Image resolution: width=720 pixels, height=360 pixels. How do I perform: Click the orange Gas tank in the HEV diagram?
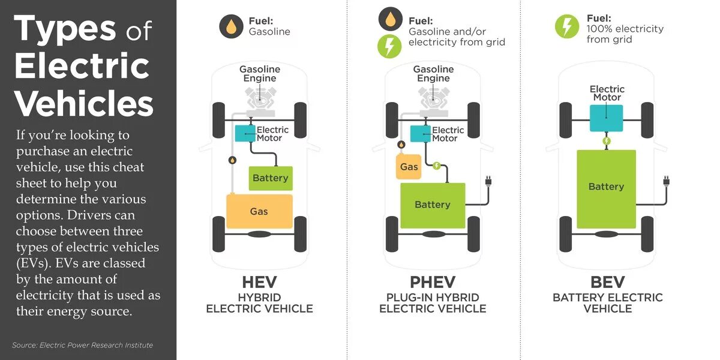click(x=259, y=211)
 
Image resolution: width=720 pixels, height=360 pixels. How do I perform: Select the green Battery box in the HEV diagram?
click(x=271, y=178)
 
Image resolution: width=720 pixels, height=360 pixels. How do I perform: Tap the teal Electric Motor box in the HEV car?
click(x=245, y=134)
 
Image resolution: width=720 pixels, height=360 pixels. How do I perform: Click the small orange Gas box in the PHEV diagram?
click(x=409, y=166)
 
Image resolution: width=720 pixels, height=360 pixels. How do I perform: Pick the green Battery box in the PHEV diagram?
click(x=433, y=205)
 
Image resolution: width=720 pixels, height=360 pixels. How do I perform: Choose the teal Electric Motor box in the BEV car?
click(x=606, y=118)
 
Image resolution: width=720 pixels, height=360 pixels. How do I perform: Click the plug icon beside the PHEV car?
click(x=487, y=181)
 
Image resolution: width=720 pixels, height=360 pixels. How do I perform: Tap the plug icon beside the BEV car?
click(x=666, y=181)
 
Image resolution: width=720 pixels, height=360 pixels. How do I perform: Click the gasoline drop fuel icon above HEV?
click(x=231, y=27)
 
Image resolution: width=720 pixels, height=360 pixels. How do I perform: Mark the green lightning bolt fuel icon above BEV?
click(x=567, y=27)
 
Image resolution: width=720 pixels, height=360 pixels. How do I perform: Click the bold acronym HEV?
click(x=259, y=282)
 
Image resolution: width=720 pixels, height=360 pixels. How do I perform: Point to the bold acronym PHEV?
click(x=433, y=282)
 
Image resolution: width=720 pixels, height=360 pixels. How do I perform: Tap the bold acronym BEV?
click(x=607, y=282)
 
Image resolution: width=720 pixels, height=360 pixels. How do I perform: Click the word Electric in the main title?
click(x=82, y=66)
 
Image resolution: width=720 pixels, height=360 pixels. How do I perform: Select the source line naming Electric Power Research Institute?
click(x=82, y=345)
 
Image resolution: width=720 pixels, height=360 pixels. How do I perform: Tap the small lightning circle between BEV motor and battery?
click(x=607, y=142)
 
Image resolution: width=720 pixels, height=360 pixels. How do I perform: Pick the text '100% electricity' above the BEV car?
click(x=625, y=29)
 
